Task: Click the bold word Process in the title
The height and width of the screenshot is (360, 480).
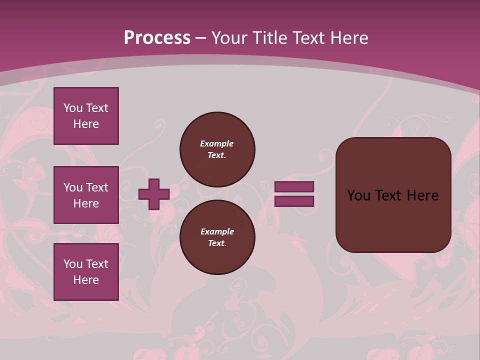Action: pyautogui.click(x=157, y=37)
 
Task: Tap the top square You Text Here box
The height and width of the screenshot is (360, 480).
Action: pyautogui.click(x=86, y=116)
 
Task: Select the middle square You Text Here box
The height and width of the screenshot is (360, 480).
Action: pyautogui.click(x=86, y=195)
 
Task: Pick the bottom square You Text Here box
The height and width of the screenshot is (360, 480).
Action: pyautogui.click(x=86, y=271)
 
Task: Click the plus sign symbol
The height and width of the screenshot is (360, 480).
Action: pyautogui.click(x=154, y=194)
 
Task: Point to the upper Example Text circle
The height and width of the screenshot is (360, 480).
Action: pyautogui.click(x=217, y=149)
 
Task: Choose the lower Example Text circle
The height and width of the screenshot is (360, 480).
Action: pyautogui.click(x=217, y=237)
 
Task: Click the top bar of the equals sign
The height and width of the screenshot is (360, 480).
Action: pyautogui.click(x=294, y=187)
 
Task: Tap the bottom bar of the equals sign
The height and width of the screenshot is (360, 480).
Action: pyautogui.click(x=294, y=201)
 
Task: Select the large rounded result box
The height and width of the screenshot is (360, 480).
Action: pyautogui.click(x=393, y=195)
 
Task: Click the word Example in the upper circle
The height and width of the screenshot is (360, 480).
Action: pyautogui.click(x=217, y=143)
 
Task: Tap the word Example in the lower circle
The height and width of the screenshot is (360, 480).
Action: pyautogui.click(x=217, y=231)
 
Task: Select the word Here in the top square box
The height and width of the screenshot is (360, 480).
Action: pyautogui.click(x=86, y=124)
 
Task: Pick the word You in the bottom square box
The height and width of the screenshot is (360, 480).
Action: pyautogui.click(x=72, y=264)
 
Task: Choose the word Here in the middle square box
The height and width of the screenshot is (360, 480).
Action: pyautogui.click(x=86, y=203)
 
